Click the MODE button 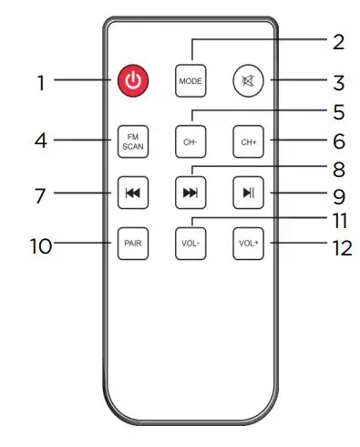(x=190, y=81)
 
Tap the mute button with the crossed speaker (x=247, y=80)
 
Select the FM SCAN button (x=131, y=141)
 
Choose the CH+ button (x=247, y=141)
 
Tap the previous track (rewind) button (x=131, y=192)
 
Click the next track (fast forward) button (x=190, y=192)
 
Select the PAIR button (x=131, y=244)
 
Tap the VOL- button (x=190, y=244)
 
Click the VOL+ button (x=247, y=244)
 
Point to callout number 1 (x=40, y=82)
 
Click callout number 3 (x=338, y=82)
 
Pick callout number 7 (x=40, y=193)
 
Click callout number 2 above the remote (x=339, y=41)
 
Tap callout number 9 (x=339, y=193)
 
